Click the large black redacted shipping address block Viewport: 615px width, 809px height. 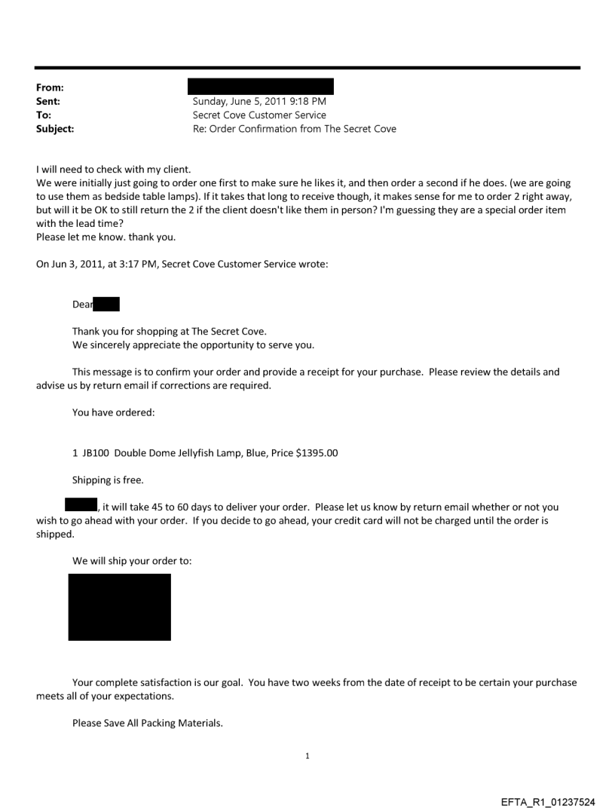coord(119,607)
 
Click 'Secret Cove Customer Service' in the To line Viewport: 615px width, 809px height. coord(259,115)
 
